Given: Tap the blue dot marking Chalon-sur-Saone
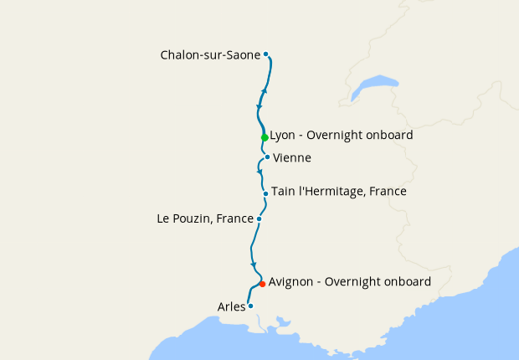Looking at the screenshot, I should coord(266,54).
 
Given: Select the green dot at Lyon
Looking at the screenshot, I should coord(265,137).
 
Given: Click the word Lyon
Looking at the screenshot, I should coord(284,135).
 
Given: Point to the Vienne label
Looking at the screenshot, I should coord(292,157).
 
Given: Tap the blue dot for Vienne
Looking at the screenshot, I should coord(267,157).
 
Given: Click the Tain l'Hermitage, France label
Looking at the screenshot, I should coord(338,192).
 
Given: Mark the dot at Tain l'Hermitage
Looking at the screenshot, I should coord(265,193).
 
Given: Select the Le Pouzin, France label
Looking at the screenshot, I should coord(205,219).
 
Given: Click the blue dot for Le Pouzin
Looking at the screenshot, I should coord(259,219).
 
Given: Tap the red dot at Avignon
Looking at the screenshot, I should coord(262,284).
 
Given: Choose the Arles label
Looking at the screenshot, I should coord(231,306).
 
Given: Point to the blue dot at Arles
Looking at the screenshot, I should coord(250,306).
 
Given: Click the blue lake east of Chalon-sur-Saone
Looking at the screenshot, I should coord(375,86).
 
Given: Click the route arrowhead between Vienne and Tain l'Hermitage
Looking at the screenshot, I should coord(259,171).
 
